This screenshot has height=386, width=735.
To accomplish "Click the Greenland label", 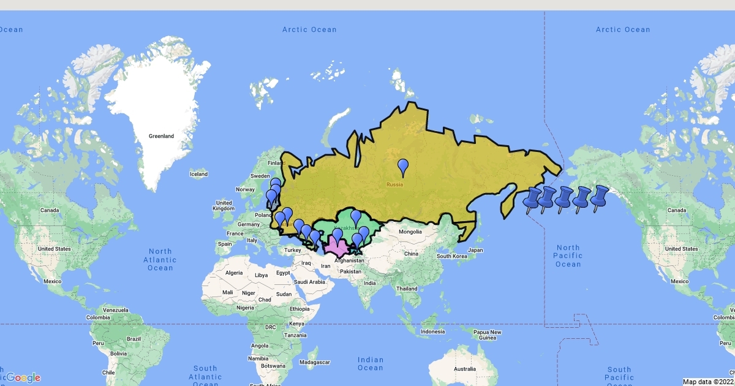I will click(162, 136).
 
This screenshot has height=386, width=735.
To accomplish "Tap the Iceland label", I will click(198, 174).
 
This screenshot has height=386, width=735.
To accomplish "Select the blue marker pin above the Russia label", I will click(403, 166).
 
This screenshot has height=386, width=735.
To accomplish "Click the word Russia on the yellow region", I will click(394, 183).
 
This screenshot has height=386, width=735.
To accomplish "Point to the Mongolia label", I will click(410, 232).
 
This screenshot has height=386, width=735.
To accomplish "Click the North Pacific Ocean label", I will click(568, 255).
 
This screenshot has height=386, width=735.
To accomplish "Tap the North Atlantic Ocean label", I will click(160, 259).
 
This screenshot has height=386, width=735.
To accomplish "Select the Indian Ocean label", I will click(370, 364).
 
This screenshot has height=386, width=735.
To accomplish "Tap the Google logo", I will click(23, 377).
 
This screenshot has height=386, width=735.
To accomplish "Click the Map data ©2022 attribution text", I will click(708, 382).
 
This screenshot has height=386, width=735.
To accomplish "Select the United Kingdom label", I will click(224, 206).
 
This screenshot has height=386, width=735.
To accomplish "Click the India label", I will click(369, 283).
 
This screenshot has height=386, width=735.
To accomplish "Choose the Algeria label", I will click(235, 273).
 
